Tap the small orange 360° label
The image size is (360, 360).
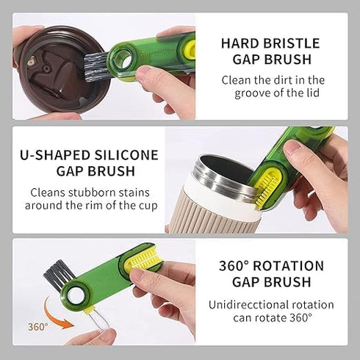pyautogui.click(x=38, y=325)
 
